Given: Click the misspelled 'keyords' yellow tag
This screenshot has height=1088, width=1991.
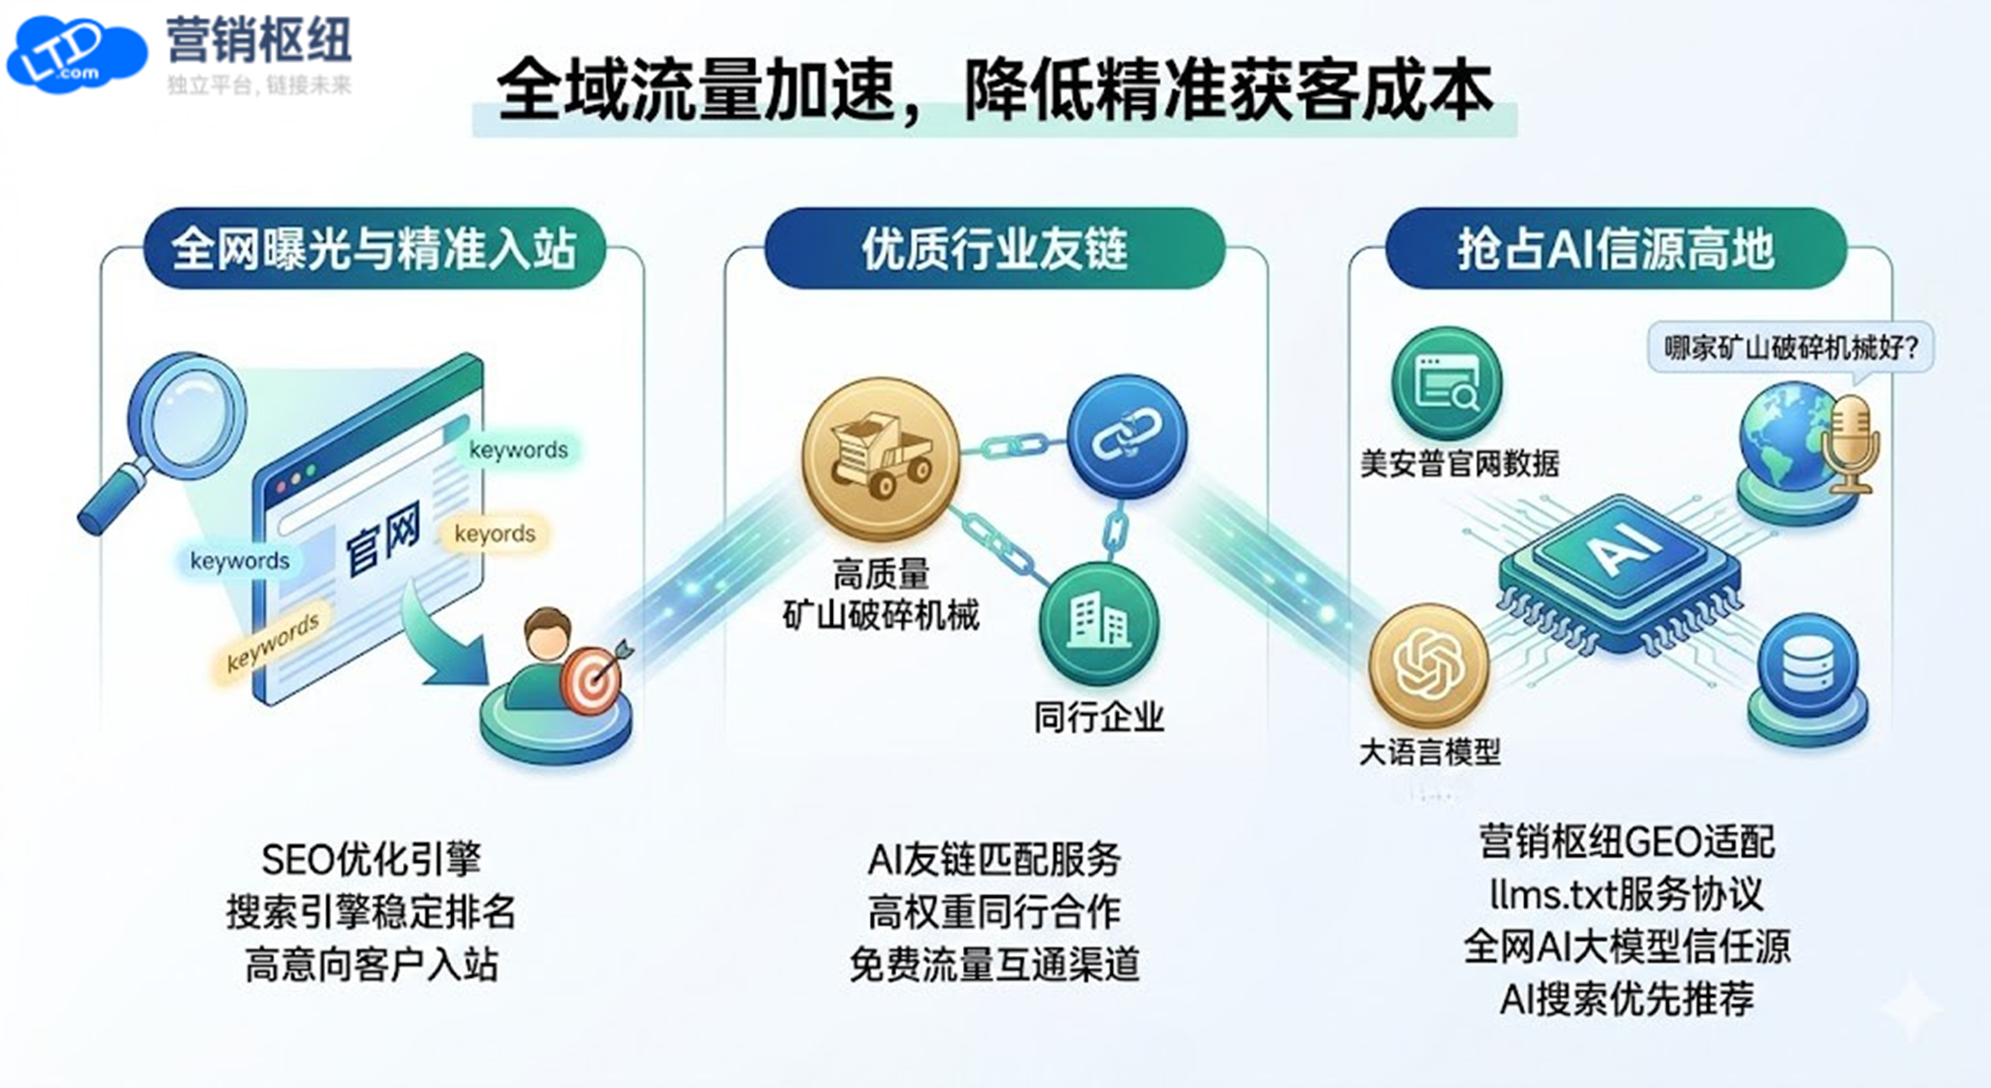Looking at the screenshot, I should click(x=495, y=533).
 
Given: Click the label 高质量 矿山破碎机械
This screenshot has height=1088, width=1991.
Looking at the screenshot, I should click(x=881, y=595).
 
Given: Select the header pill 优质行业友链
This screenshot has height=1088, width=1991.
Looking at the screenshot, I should click(x=995, y=249).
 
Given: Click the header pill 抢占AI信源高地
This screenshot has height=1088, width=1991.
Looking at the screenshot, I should click(x=1616, y=249).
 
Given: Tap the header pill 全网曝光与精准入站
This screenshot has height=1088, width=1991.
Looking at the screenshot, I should click(x=374, y=249).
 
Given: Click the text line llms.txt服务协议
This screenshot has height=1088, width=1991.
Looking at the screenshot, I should click(x=1626, y=895).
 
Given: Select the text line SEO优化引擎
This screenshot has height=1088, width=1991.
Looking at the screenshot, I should click(x=371, y=859).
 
